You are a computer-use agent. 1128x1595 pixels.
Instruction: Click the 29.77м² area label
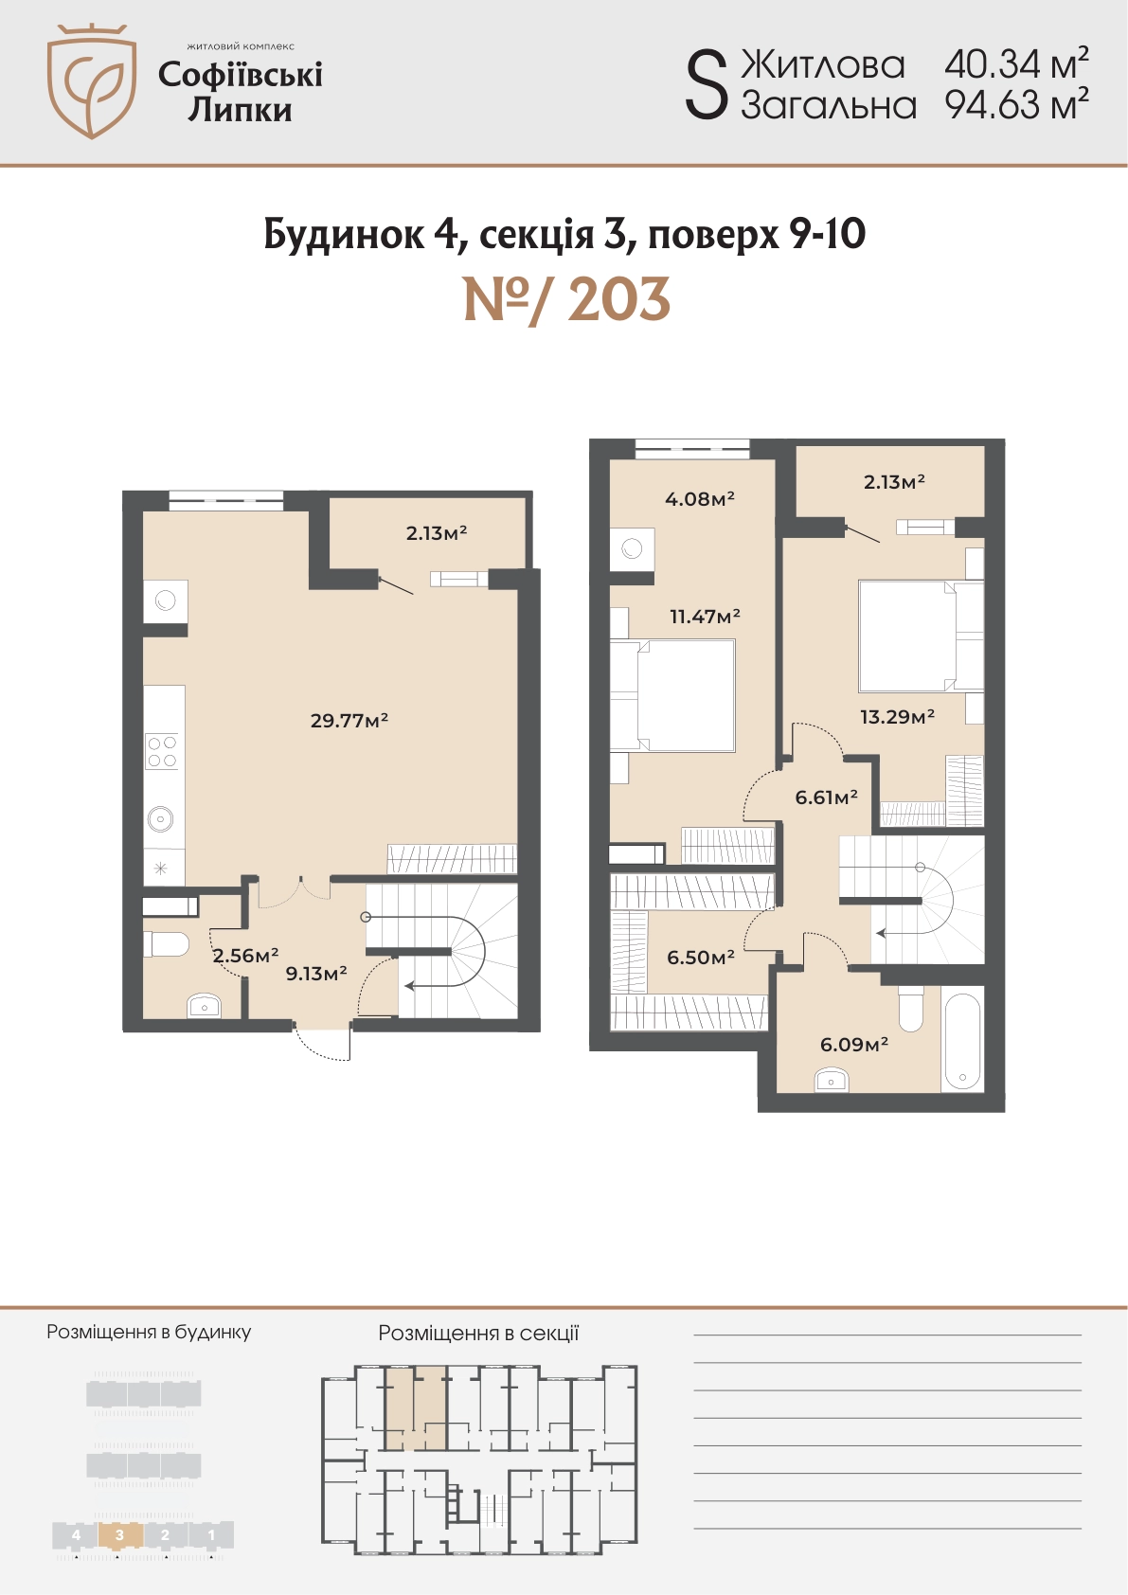[349, 721]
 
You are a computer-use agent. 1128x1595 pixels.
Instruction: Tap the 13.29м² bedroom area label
[897, 716]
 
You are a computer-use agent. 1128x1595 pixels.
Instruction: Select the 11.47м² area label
[705, 616]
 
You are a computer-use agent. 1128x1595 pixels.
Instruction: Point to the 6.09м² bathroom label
[854, 1045]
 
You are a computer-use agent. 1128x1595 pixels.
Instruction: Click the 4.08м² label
[699, 498]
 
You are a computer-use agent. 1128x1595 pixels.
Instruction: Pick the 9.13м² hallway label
[316, 973]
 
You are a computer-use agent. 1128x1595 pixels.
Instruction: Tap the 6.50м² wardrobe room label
[701, 957]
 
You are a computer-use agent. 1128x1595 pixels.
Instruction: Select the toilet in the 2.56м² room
[166, 944]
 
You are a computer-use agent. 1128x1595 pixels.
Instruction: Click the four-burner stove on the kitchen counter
[162, 752]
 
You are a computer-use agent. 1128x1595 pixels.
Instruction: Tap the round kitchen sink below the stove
[161, 819]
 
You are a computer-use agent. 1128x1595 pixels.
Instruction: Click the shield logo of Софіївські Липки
[91, 81]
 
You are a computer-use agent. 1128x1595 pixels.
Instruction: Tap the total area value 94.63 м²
[1016, 104]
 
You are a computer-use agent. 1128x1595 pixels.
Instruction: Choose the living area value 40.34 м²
[1016, 64]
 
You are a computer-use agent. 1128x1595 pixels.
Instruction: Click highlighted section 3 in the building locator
[119, 1534]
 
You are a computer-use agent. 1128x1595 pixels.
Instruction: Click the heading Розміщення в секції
[478, 1333]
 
